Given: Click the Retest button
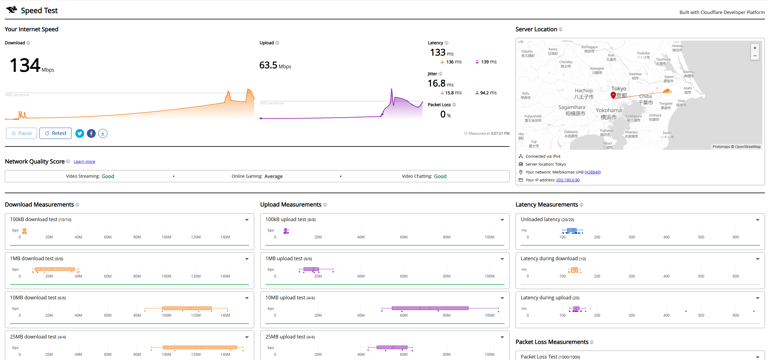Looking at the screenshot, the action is [56, 133].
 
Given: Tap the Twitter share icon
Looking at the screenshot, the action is [80, 133].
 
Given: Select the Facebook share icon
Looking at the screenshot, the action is [91, 133].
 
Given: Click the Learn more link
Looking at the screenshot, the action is [84, 162].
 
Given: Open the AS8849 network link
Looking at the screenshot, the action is [592, 172].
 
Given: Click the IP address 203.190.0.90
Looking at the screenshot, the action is [568, 180].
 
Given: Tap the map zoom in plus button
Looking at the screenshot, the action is [755, 48].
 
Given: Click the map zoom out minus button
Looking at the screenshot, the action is [755, 56].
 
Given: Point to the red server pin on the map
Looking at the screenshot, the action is [613, 95].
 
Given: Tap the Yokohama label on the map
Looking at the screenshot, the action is [608, 110].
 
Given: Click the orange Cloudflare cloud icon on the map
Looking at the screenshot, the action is [667, 91].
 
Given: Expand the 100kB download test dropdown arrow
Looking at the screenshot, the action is [247, 220].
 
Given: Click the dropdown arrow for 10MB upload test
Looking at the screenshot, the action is [502, 298].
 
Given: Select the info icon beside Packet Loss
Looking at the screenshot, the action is [454, 105].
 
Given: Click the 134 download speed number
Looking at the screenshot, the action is [25, 65].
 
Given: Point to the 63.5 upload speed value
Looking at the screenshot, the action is [268, 65].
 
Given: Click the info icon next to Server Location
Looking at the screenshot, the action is [561, 29].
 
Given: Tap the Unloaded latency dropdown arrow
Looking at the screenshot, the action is [758, 220].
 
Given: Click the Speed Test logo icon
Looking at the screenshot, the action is [12, 10].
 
